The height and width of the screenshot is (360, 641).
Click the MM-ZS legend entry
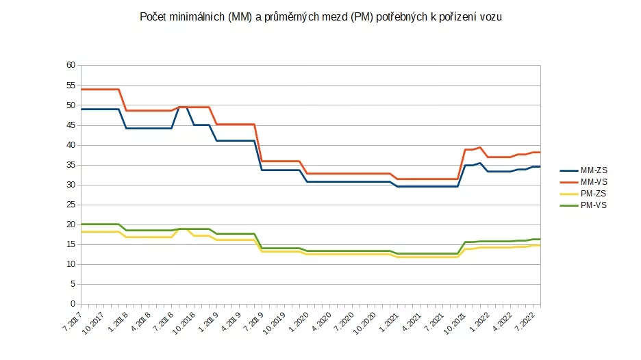click(594, 170)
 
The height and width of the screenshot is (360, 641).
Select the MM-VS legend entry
click(594, 182)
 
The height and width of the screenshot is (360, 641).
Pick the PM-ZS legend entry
click(594, 194)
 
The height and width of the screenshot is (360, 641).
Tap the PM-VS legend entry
click(594, 205)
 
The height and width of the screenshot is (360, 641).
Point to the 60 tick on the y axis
click(71, 66)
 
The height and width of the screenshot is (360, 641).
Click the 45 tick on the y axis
click(71, 125)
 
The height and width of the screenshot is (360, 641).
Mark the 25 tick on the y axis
click(71, 205)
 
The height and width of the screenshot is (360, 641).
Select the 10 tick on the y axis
click(71, 264)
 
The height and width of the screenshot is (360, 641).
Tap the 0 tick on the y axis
click(73, 304)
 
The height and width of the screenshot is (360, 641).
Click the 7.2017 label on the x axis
click(70, 320)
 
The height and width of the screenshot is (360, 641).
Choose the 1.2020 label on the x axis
click(299, 320)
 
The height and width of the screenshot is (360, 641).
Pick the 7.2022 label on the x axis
click(529, 320)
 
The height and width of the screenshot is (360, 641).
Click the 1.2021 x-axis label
click(390, 320)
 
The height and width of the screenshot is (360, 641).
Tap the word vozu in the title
click(490, 18)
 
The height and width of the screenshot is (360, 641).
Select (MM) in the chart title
click(240, 18)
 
